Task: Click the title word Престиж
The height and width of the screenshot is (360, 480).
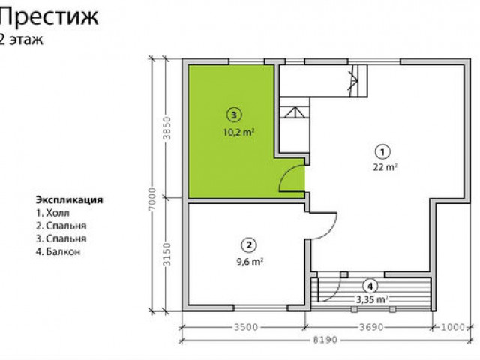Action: click(x=49, y=17)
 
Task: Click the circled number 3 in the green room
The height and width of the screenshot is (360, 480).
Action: click(x=234, y=115)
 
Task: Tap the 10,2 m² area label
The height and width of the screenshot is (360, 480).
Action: click(x=238, y=133)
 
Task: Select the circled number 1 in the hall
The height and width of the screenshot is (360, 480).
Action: click(x=382, y=151)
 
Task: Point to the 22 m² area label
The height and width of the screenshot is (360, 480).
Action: click(x=385, y=167)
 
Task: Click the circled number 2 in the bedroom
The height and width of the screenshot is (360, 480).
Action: click(x=249, y=245)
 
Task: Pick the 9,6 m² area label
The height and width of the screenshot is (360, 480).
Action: click(x=250, y=262)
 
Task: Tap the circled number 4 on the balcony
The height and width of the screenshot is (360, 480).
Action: click(x=370, y=286)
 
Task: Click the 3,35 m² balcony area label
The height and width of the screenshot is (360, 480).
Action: click(x=372, y=299)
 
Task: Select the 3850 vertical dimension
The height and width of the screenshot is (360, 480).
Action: click(x=166, y=128)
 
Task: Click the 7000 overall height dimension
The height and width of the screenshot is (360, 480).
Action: click(x=152, y=199)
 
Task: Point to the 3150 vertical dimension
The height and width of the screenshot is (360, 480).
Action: click(x=166, y=254)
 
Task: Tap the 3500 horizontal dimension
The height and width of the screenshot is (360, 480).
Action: click(x=246, y=327)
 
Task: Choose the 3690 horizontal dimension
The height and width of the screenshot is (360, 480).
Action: click(x=371, y=327)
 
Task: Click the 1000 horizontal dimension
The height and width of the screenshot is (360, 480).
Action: click(x=453, y=327)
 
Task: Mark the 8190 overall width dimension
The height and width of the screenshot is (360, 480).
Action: click(x=325, y=340)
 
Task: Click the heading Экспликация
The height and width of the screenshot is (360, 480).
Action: click(x=70, y=200)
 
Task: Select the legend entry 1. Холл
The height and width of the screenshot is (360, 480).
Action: click(x=53, y=213)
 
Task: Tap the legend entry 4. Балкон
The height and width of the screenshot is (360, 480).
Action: click(x=58, y=252)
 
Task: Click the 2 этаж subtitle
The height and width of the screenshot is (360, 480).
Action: click(x=21, y=40)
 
